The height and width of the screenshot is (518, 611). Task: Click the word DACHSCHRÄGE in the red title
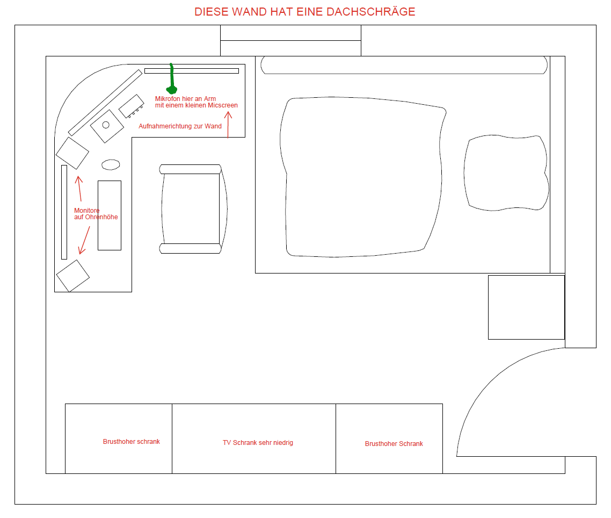[x=370, y=11]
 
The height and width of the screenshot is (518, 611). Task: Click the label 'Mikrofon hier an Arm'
[x=185, y=99]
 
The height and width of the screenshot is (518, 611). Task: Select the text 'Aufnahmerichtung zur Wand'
[x=180, y=126]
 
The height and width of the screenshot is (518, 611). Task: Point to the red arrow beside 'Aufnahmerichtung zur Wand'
[x=228, y=125]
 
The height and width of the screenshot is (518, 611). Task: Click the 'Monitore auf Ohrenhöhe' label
[x=96, y=214]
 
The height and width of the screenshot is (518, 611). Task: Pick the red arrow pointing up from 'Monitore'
[x=79, y=189]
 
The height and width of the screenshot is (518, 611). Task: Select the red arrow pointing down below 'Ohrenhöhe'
[x=84, y=240]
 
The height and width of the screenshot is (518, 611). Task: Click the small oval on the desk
[x=111, y=164]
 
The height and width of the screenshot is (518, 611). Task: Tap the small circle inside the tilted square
[x=106, y=125]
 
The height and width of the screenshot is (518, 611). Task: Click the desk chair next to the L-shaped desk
[x=193, y=208]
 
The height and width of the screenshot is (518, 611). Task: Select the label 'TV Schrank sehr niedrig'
[x=258, y=443]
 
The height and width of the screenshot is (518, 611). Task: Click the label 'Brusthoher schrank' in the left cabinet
[x=132, y=442]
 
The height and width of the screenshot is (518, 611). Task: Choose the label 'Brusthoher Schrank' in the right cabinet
[x=394, y=444]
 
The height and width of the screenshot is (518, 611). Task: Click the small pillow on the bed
[x=506, y=173]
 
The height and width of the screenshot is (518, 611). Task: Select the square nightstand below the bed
[x=527, y=307]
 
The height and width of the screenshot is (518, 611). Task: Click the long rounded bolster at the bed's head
[x=404, y=65]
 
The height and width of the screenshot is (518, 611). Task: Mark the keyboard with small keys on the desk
[x=132, y=106]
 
